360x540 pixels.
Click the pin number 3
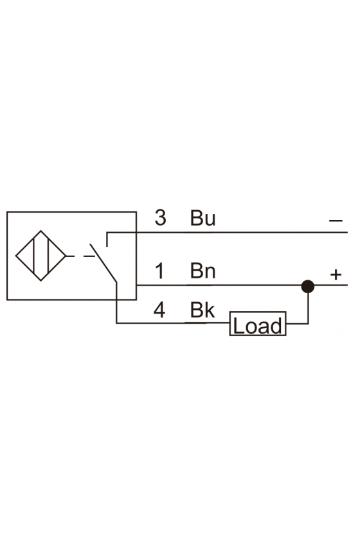click(161, 218)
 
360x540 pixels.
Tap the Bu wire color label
click(203, 218)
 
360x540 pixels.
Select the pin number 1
click(160, 271)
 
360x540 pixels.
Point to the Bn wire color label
click(203, 271)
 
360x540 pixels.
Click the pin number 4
click(159, 310)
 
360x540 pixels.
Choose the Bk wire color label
click(203, 310)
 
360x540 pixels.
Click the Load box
click(258, 324)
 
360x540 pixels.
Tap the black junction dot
click(308, 286)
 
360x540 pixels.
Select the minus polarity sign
click(336, 221)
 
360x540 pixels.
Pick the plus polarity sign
click(336, 274)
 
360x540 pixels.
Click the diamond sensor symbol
click(40, 256)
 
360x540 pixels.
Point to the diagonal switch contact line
click(104, 263)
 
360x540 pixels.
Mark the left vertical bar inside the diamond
click(33, 256)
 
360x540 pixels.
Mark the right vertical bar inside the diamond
click(48, 256)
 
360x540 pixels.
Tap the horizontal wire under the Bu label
click(228, 233)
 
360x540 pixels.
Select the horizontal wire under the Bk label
click(173, 323)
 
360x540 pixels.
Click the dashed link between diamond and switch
click(80, 256)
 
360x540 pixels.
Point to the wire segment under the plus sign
click(330, 285)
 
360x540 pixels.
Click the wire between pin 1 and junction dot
click(219, 285)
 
